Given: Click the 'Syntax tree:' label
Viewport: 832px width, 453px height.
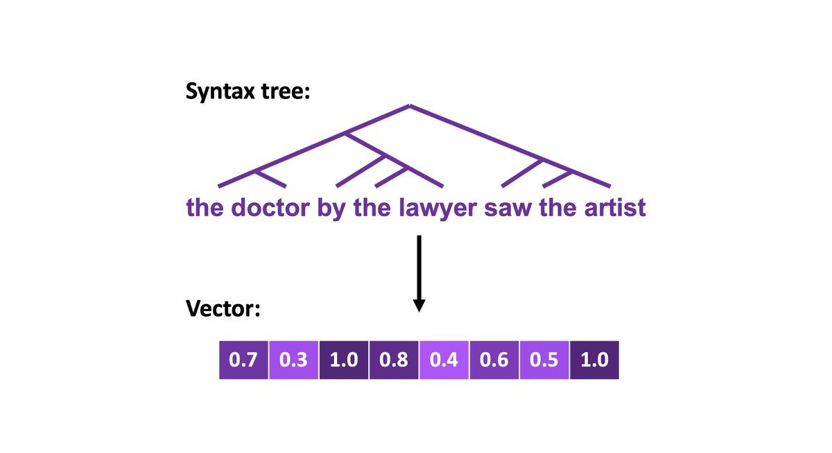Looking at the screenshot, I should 247,91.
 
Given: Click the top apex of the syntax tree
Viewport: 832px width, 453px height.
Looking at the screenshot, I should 410,106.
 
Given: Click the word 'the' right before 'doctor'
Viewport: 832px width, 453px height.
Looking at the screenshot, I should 205,208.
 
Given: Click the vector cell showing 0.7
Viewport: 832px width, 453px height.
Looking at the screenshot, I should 244,360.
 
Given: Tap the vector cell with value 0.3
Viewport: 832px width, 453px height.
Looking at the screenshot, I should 294,360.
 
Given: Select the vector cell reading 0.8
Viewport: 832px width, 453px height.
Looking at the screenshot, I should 394,360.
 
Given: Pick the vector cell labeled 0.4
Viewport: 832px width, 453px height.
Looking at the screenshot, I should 444,360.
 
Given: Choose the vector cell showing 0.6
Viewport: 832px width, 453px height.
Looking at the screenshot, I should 494,360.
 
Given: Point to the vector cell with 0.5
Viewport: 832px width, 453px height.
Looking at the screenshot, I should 544,360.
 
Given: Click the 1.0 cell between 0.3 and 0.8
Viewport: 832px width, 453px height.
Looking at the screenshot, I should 344,360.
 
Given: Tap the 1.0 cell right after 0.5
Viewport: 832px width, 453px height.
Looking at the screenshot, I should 593,360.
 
